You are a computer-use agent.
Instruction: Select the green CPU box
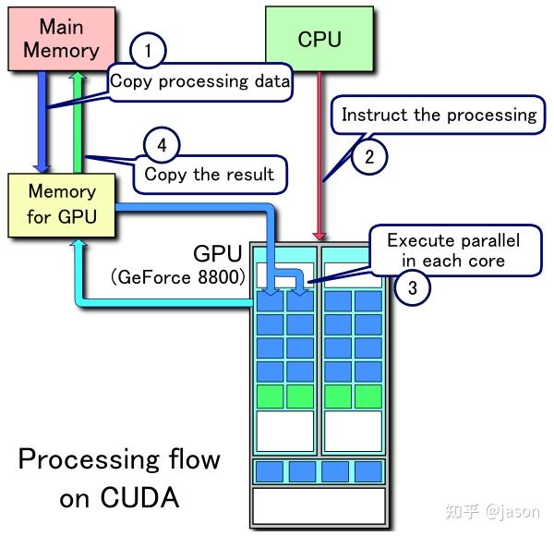[319, 39]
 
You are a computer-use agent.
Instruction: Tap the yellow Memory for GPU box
[61, 204]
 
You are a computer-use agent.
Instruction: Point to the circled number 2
[369, 156]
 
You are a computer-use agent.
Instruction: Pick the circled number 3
[412, 287]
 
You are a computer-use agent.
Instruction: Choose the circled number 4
[162, 144]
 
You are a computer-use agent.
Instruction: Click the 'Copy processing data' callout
[199, 81]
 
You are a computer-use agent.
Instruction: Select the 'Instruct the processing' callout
[439, 116]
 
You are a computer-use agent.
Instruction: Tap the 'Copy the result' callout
[209, 174]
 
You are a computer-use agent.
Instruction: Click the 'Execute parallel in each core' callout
[452, 250]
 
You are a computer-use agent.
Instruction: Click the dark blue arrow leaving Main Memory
[42, 120]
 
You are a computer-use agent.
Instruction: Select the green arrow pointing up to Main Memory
[79, 120]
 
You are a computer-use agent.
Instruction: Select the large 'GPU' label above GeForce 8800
[218, 254]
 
